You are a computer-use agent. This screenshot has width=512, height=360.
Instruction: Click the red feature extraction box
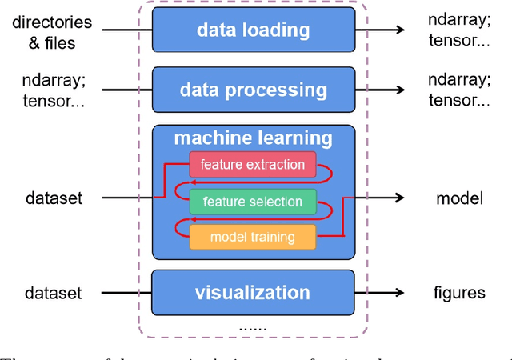tap(252, 166)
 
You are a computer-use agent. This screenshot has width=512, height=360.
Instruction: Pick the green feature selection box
tap(252, 201)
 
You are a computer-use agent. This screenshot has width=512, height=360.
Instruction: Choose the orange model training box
tap(252, 236)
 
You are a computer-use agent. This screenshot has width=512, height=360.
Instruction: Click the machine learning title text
tap(253, 138)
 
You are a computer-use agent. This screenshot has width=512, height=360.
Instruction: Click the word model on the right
tap(459, 198)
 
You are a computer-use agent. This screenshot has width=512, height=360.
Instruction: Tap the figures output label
tap(459, 293)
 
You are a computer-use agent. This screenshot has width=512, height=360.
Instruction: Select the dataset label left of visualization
tap(53, 293)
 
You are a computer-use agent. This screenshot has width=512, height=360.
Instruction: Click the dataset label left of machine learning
tap(53, 198)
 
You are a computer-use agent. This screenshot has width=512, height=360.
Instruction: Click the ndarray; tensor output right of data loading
tap(459, 30)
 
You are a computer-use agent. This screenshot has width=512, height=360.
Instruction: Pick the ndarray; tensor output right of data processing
tap(459, 90)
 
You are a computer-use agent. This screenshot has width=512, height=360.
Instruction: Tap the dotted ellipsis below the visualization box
tap(252, 328)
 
